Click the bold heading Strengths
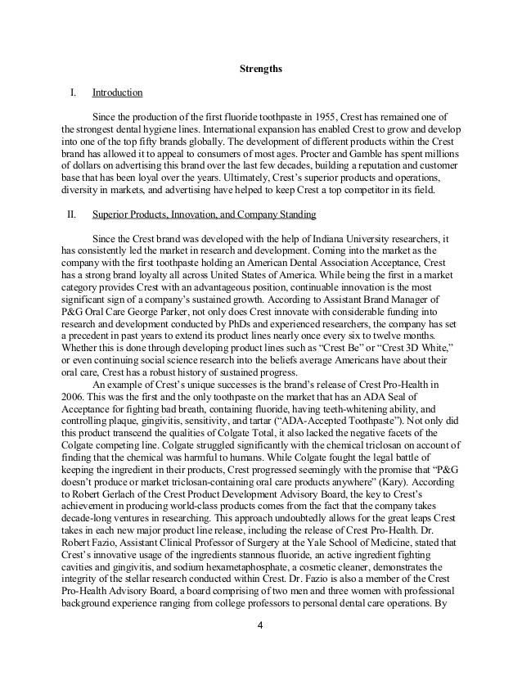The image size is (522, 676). click(260, 69)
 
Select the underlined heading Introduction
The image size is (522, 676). click(118, 92)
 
